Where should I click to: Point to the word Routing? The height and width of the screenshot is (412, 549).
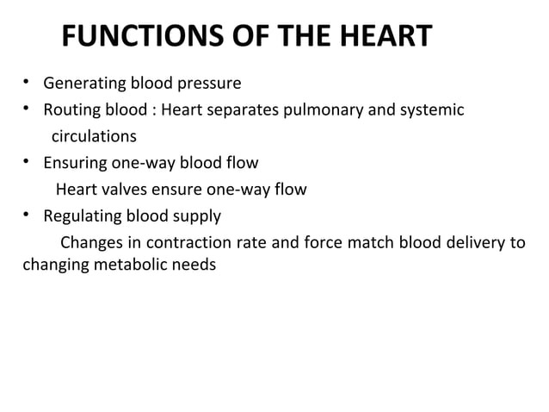71,110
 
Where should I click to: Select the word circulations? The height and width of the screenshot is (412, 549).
94,136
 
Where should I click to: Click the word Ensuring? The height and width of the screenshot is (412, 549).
75,163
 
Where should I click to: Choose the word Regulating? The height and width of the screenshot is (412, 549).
83,215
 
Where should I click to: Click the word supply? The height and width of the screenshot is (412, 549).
198,215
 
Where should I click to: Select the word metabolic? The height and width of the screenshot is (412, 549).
137,265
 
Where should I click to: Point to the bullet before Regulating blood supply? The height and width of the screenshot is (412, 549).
27,215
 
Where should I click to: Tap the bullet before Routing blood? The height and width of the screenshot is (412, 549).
27,110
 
